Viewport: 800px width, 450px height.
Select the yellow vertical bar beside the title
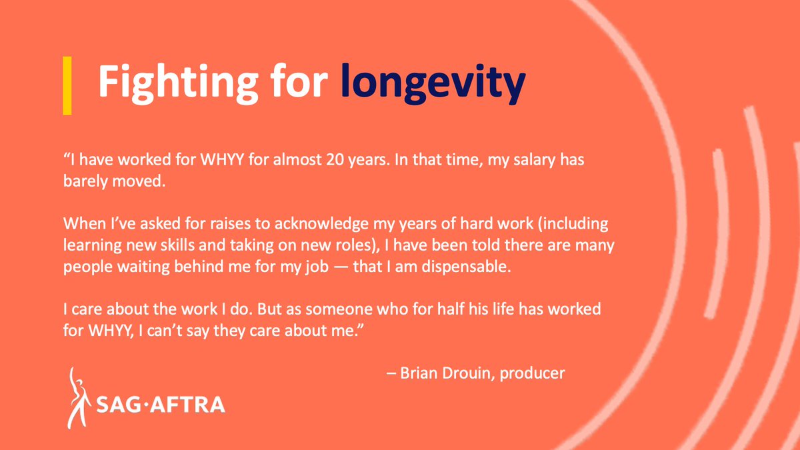(x=67, y=85)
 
